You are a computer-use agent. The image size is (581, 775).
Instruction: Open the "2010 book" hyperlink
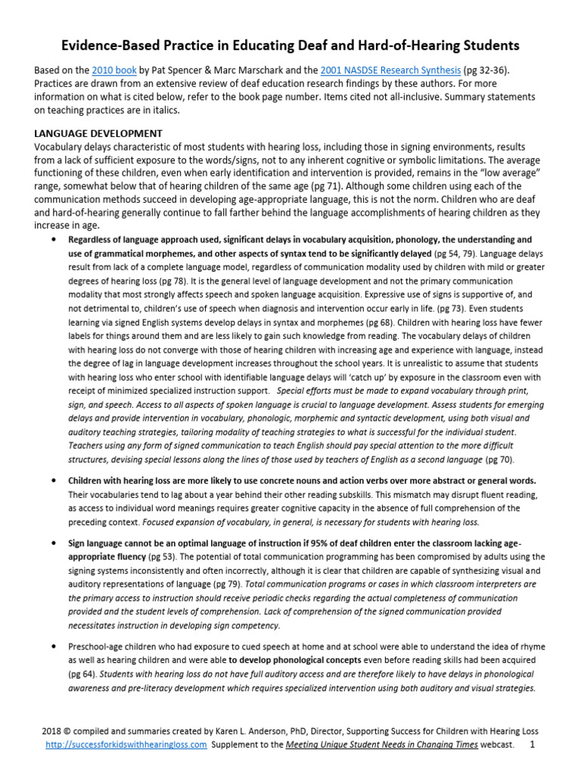click(115, 70)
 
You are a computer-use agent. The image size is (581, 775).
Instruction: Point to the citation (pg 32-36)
click(489, 70)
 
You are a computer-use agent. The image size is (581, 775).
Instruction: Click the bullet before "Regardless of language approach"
click(53, 239)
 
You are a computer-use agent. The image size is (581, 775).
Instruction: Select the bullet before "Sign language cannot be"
click(53, 543)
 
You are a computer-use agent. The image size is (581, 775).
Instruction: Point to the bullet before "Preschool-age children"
click(53, 646)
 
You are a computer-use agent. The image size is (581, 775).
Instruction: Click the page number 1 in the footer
click(532, 745)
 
